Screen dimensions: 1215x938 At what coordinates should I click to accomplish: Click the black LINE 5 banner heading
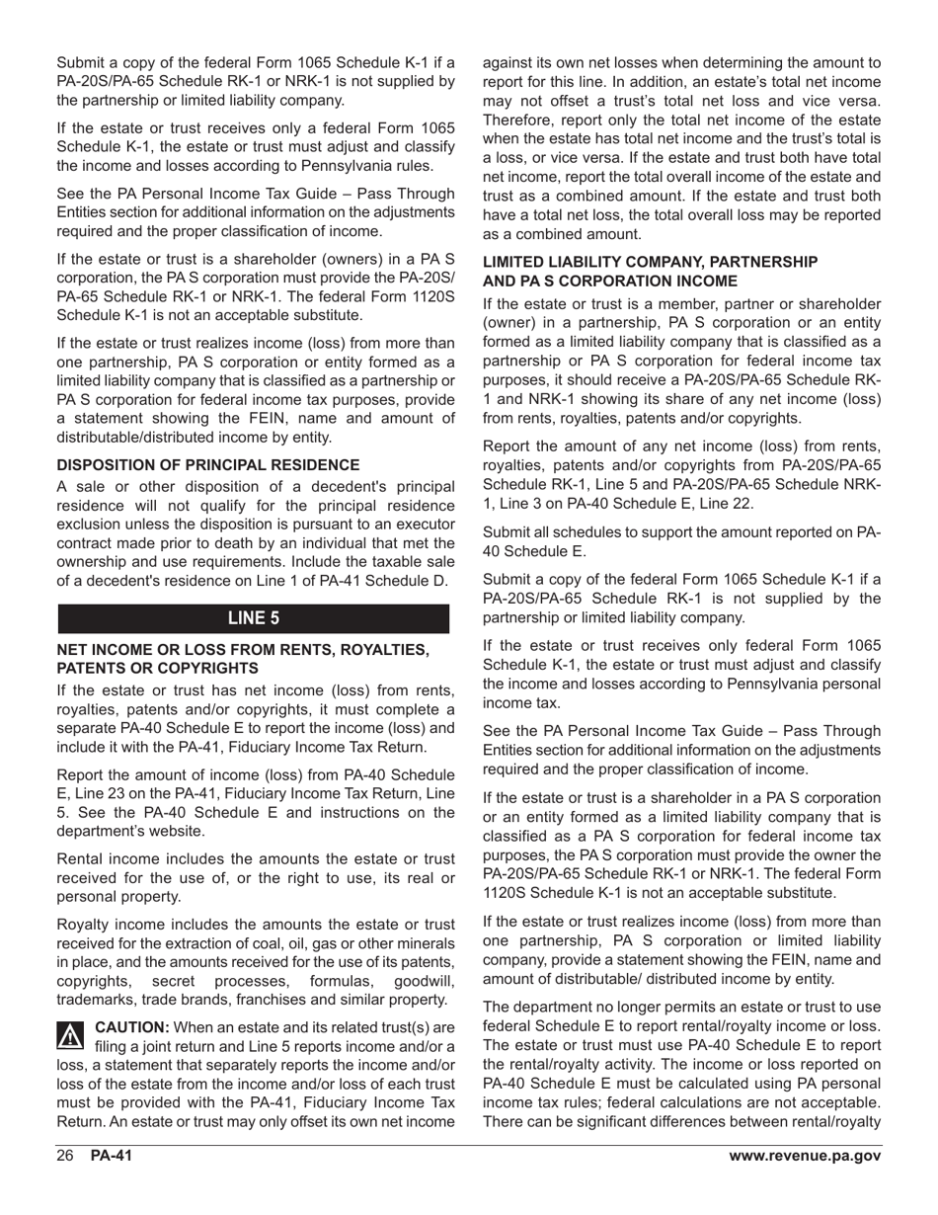[x=254, y=618]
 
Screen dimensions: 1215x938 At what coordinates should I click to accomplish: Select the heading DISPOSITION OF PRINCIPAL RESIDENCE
[x=208, y=464]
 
